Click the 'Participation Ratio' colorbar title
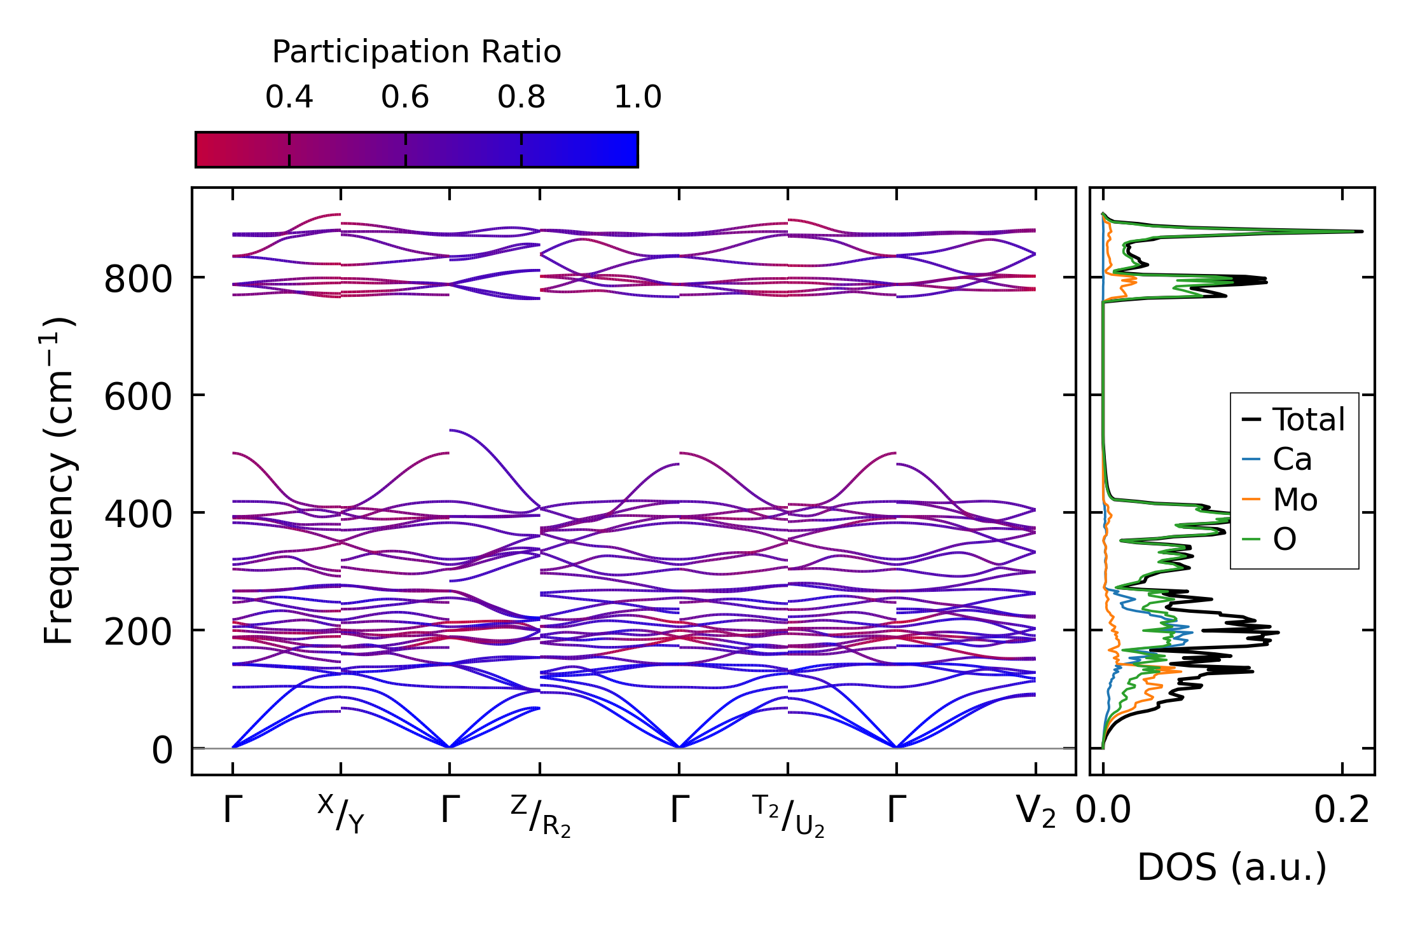pos(417,52)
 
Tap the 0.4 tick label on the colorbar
pos(289,97)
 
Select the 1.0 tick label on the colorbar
pos(638,97)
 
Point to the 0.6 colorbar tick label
pos(405,97)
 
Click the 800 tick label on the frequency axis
pos(138,278)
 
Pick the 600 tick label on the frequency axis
pos(138,397)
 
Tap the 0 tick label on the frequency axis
pos(162,750)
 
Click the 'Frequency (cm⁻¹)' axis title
pos(59,481)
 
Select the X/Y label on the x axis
pos(341,813)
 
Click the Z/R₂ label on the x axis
pos(541,816)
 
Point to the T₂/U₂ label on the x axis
pos(789,816)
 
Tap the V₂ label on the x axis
pos(1036,812)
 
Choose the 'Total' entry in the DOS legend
pos(1308,420)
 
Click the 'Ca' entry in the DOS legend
pos(1292,459)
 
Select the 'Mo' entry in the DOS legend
pos(1294,500)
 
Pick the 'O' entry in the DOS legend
pos(1284,539)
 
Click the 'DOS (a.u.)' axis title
pos(1232,867)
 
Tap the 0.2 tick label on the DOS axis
pos(1342,811)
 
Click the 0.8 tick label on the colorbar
pos(521,97)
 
